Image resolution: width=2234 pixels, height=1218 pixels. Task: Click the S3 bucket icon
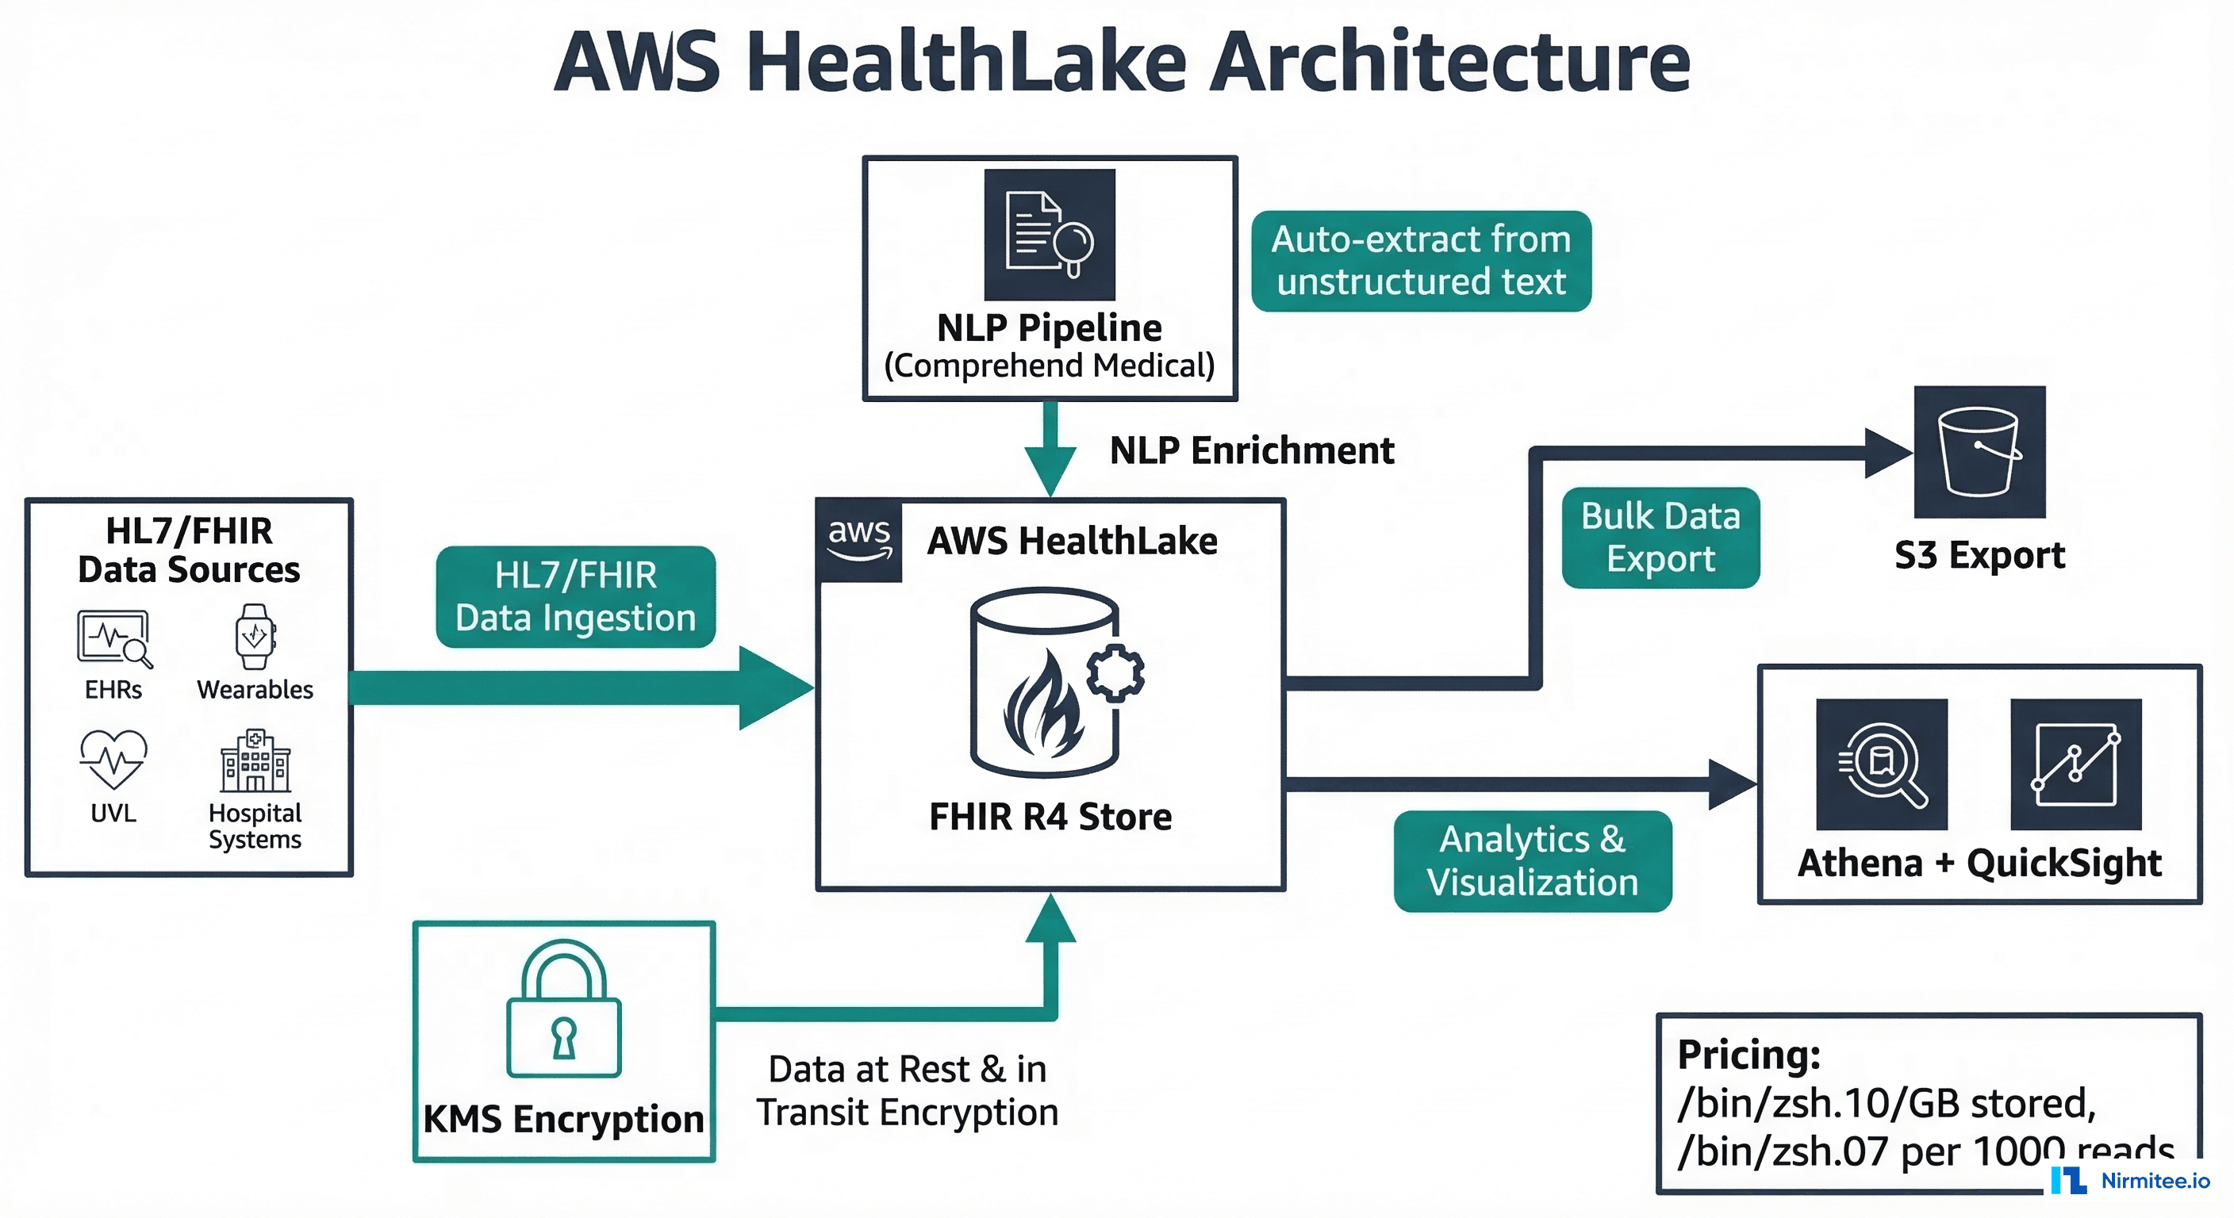1979,452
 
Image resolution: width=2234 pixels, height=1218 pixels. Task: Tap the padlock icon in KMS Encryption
564,1009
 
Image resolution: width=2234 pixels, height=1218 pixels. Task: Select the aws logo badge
859,540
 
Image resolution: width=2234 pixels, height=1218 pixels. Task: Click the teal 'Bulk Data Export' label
1660,538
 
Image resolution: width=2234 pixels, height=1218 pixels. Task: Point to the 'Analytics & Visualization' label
1532,861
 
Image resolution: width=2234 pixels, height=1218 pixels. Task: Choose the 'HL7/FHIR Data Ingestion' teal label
575,596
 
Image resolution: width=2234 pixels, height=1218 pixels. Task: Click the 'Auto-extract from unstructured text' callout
1421,260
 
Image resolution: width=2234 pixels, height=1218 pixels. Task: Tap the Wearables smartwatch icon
255,636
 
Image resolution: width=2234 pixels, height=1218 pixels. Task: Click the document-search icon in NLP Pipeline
1050,235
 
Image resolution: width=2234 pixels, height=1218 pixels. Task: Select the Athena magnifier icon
1881,764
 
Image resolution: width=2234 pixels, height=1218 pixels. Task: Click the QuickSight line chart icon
2075,764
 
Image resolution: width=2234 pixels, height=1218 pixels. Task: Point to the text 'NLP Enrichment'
1251,450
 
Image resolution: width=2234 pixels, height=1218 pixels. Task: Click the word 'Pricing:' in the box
1748,1054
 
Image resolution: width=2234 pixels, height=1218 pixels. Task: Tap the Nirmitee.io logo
2131,1181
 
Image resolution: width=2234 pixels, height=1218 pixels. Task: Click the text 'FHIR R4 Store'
1050,817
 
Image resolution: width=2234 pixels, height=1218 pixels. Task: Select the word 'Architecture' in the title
1449,63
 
